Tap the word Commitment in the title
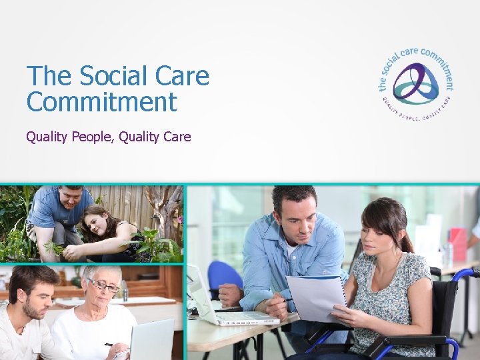[101, 103]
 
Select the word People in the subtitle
[91, 137]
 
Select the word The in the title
[50, 77]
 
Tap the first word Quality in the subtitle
[46, 137]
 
